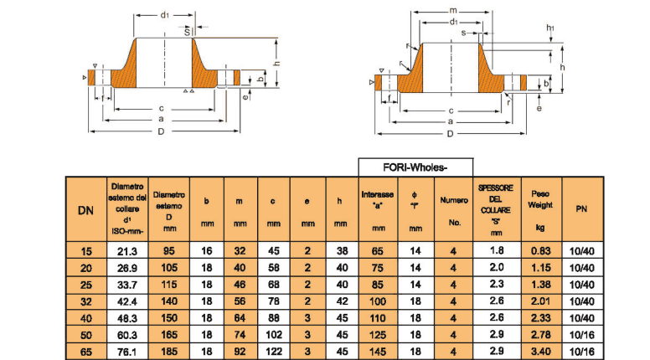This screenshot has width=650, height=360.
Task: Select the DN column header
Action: click(x=85, y=209)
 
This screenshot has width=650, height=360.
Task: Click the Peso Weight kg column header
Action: click(x=539, y=209)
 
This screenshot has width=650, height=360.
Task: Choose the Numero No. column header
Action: click(x=453, y=209)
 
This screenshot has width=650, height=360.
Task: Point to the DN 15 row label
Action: click(x=85, y=250)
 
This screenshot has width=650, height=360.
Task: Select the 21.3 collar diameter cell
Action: click(x=128, y=250)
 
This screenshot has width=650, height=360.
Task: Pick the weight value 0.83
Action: click(x=539, y=250)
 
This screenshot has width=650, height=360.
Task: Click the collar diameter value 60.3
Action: click(x=128, y=336)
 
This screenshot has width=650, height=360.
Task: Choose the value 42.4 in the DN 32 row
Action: click(x=128, y=301)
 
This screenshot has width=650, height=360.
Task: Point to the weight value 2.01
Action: click(x=539, y=301)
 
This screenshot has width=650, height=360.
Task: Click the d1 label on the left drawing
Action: click(x=165, y=15)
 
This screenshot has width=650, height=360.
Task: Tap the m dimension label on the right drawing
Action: click(x=452, y=8)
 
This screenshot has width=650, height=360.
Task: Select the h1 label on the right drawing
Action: click(x=551, y=28)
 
